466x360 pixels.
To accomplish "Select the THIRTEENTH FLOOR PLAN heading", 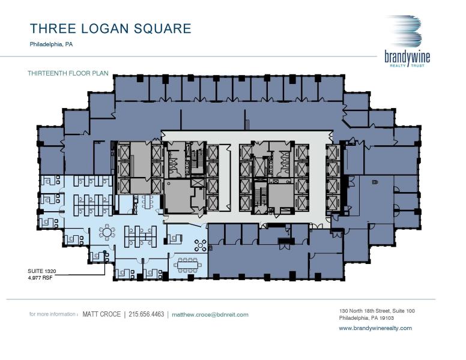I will [67, 73].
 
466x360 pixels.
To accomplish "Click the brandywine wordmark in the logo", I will [407, 56].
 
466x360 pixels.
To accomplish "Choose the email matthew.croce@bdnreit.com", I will [210, 314].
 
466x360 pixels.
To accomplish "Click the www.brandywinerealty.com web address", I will [375, 328].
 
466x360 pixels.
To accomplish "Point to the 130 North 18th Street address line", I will [377, 311].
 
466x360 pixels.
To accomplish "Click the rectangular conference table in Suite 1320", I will [188, 265].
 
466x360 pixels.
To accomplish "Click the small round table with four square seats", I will [201, 244].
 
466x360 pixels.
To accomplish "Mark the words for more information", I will [53, 314].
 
